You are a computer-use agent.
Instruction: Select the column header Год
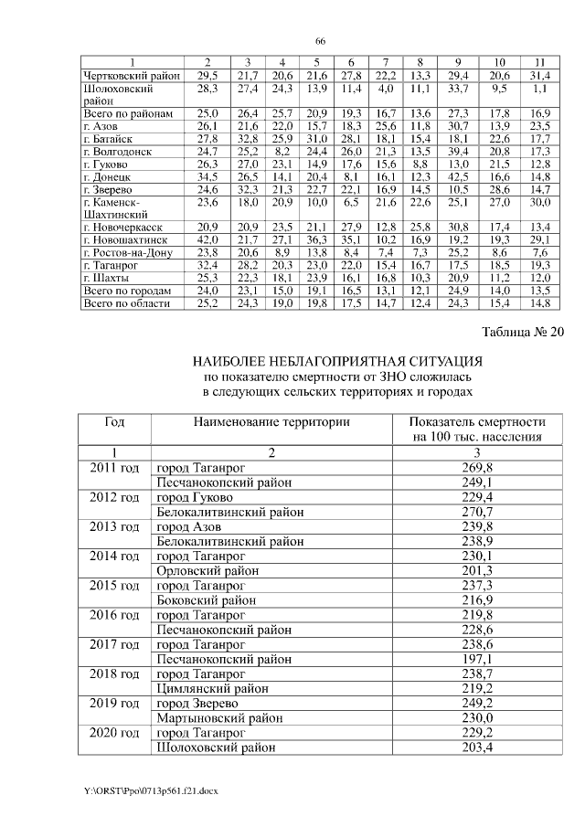(114, 422)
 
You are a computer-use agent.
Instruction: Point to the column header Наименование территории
(271, 422)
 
